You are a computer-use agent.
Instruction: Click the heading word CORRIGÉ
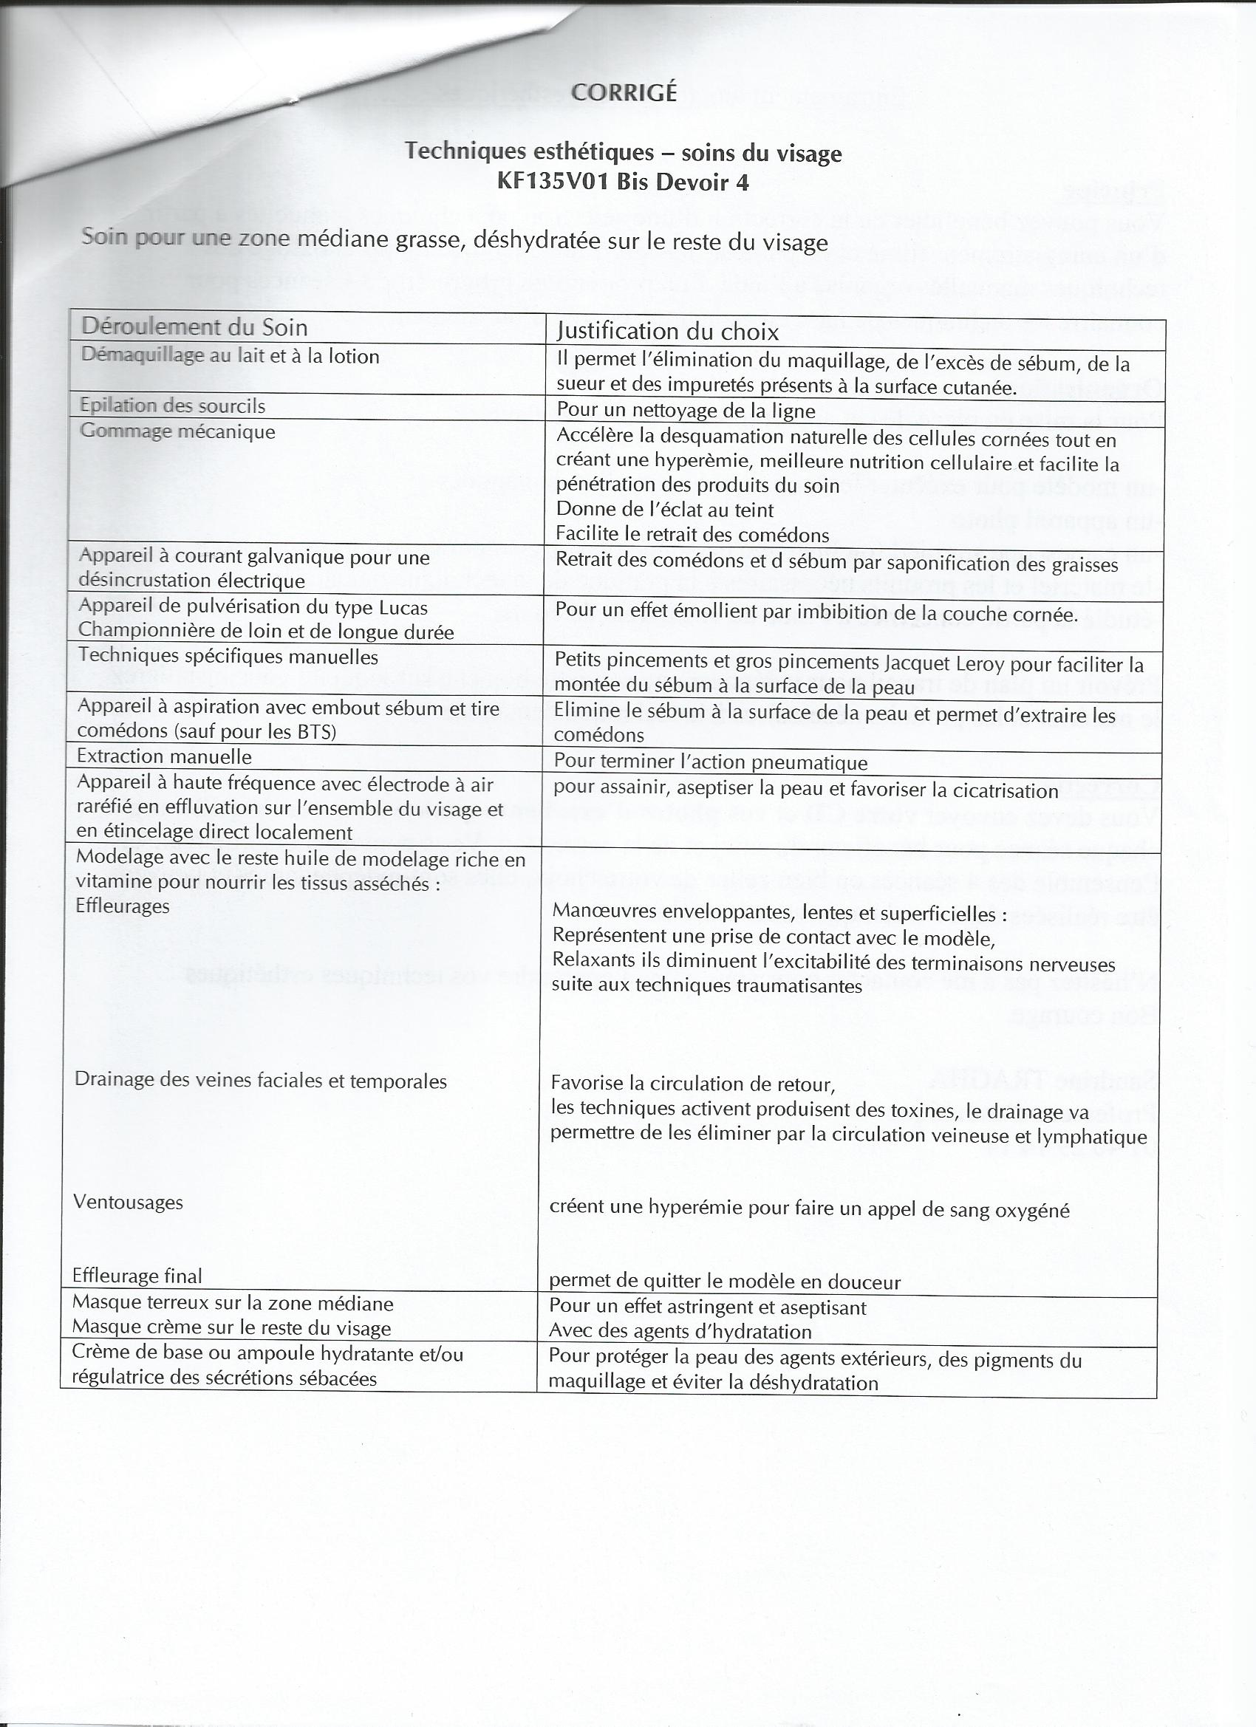click(623, 92)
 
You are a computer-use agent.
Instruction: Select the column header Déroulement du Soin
click(194, 327)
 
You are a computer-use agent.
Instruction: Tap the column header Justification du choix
click(667, 331)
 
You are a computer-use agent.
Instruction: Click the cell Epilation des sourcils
click(172, 406)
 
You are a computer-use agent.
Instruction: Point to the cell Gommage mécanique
click(177, 431)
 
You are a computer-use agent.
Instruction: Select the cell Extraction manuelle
click(164, 757)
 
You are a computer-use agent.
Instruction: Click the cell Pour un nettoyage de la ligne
click(686, 411)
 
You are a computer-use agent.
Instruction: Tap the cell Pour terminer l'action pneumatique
click(710, 762)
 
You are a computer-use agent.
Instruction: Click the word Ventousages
click(128, 1203)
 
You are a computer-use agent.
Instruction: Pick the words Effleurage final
click(137, 1276)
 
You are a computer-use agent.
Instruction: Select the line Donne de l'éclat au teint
click(665, 510)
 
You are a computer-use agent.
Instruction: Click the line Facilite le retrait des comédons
click(692, 535)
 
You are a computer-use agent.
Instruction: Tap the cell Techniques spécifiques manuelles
click(228, 657)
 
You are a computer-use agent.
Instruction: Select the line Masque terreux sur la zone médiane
click(232, 1304)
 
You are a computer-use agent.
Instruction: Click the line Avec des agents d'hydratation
click(680, 1332)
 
